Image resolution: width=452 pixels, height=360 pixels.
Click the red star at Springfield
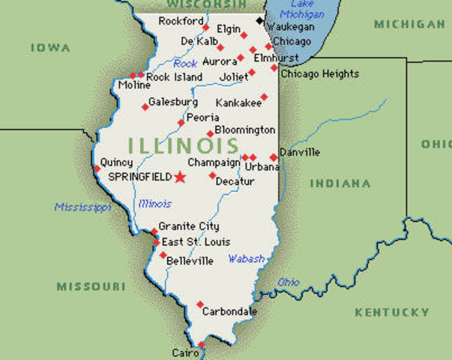(180, 177)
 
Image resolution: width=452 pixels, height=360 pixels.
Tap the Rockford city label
(181, 21)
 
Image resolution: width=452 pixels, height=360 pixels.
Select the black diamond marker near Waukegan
(260, 20)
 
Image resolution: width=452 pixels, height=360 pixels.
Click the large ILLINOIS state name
(183, 145)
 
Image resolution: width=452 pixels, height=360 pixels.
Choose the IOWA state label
(51, 47)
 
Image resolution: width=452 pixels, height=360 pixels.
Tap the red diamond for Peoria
(181, 122)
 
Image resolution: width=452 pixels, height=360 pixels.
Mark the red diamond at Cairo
(201, 346)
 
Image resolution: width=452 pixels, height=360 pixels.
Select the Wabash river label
(247, 259)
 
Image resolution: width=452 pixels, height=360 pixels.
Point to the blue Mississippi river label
(82, 207)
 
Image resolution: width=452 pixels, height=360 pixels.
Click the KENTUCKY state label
(392, 312)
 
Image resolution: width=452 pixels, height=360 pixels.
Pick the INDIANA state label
(340, 183)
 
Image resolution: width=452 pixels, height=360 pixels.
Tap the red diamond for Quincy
(97, 168)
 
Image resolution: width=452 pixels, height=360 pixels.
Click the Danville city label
(299, 152)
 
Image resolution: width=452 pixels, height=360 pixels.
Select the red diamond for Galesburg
(145, 107)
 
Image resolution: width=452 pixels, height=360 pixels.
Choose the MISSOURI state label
(91, 286)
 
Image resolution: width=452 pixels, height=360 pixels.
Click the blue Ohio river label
(289, 283)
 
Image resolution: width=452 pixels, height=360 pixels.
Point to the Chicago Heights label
(319, 73)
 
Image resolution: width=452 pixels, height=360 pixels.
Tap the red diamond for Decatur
(212, 175)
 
